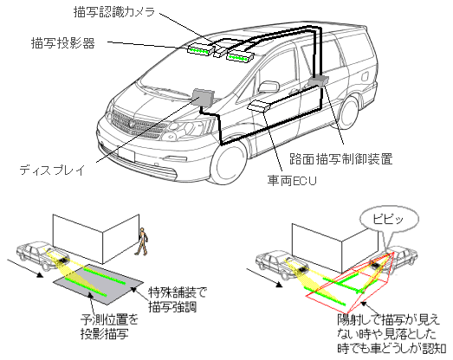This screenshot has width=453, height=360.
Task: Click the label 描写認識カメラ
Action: click(x=114, y=12)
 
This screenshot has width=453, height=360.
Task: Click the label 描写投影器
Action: click(x=63, y=43)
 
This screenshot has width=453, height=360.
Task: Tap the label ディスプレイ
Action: click(x=52, y=170)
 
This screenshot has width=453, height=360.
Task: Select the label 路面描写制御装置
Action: click(x=341, y=159)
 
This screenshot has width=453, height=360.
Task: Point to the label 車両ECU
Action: click(x=292, y=181)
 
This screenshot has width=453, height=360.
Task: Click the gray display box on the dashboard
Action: click(x=203, y=96)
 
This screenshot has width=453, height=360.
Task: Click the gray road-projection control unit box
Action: click(x=319, y=80)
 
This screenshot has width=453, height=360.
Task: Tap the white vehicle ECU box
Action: click(x=259, y=106)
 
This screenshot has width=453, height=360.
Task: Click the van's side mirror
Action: click(x=269, y=87)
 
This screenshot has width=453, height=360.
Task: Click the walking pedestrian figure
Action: click(x=142, y=241)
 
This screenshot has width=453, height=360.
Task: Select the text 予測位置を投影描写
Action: click(x=109, y=327)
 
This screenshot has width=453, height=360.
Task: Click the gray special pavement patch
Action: click(x=98, y=284)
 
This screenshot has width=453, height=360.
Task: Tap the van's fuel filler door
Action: click(x=366, y=76)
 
